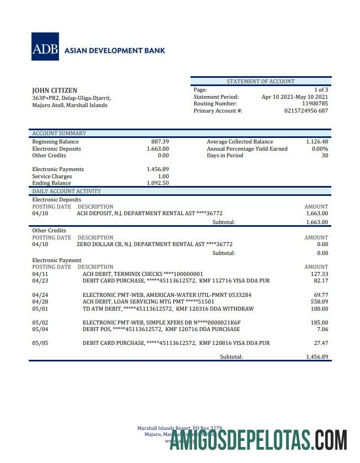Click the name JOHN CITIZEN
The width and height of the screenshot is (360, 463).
[x=55, y=91]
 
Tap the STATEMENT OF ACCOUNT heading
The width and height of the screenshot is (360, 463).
[x=261, y=82]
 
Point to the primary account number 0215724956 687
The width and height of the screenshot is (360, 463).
[x=306, y=111]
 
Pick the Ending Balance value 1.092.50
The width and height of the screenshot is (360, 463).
[x=158, y=183]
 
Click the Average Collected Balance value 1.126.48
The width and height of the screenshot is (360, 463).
[x=317, y=142]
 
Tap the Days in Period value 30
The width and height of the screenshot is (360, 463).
[x=325, y=156]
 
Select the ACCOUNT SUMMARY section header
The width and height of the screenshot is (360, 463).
[x=59, y=133]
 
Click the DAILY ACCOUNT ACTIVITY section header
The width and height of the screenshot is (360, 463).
[x=66, y=191]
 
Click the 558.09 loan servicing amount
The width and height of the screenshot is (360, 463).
[x=319, y=302]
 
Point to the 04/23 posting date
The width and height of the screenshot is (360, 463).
[x=40, y=281]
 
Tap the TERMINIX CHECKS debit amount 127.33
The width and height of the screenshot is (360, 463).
[x=319, y=274]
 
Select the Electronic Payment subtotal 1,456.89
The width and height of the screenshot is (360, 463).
[x=317, y=357]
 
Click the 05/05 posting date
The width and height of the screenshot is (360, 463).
[x=40, y=343]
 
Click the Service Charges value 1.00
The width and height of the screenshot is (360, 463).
[x=163, y=177]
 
